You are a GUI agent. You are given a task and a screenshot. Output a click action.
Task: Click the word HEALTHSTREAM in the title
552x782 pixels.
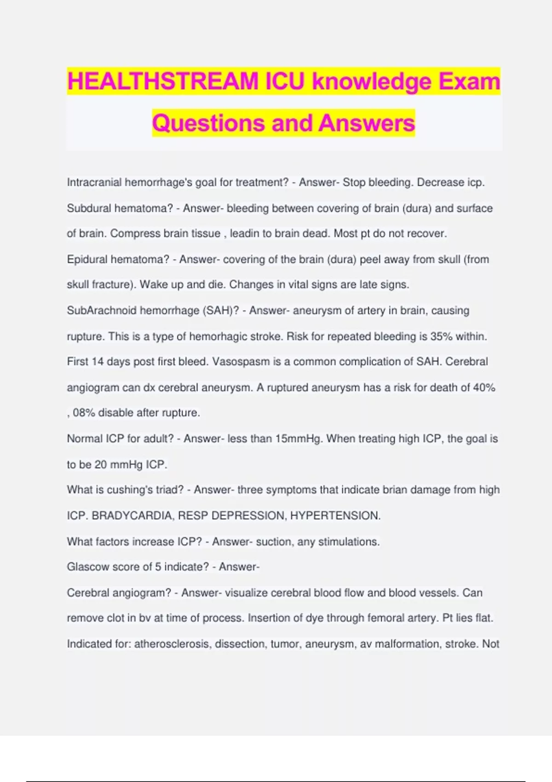coord(163,81)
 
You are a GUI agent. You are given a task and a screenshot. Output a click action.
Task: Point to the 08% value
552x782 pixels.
coord(84,413)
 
